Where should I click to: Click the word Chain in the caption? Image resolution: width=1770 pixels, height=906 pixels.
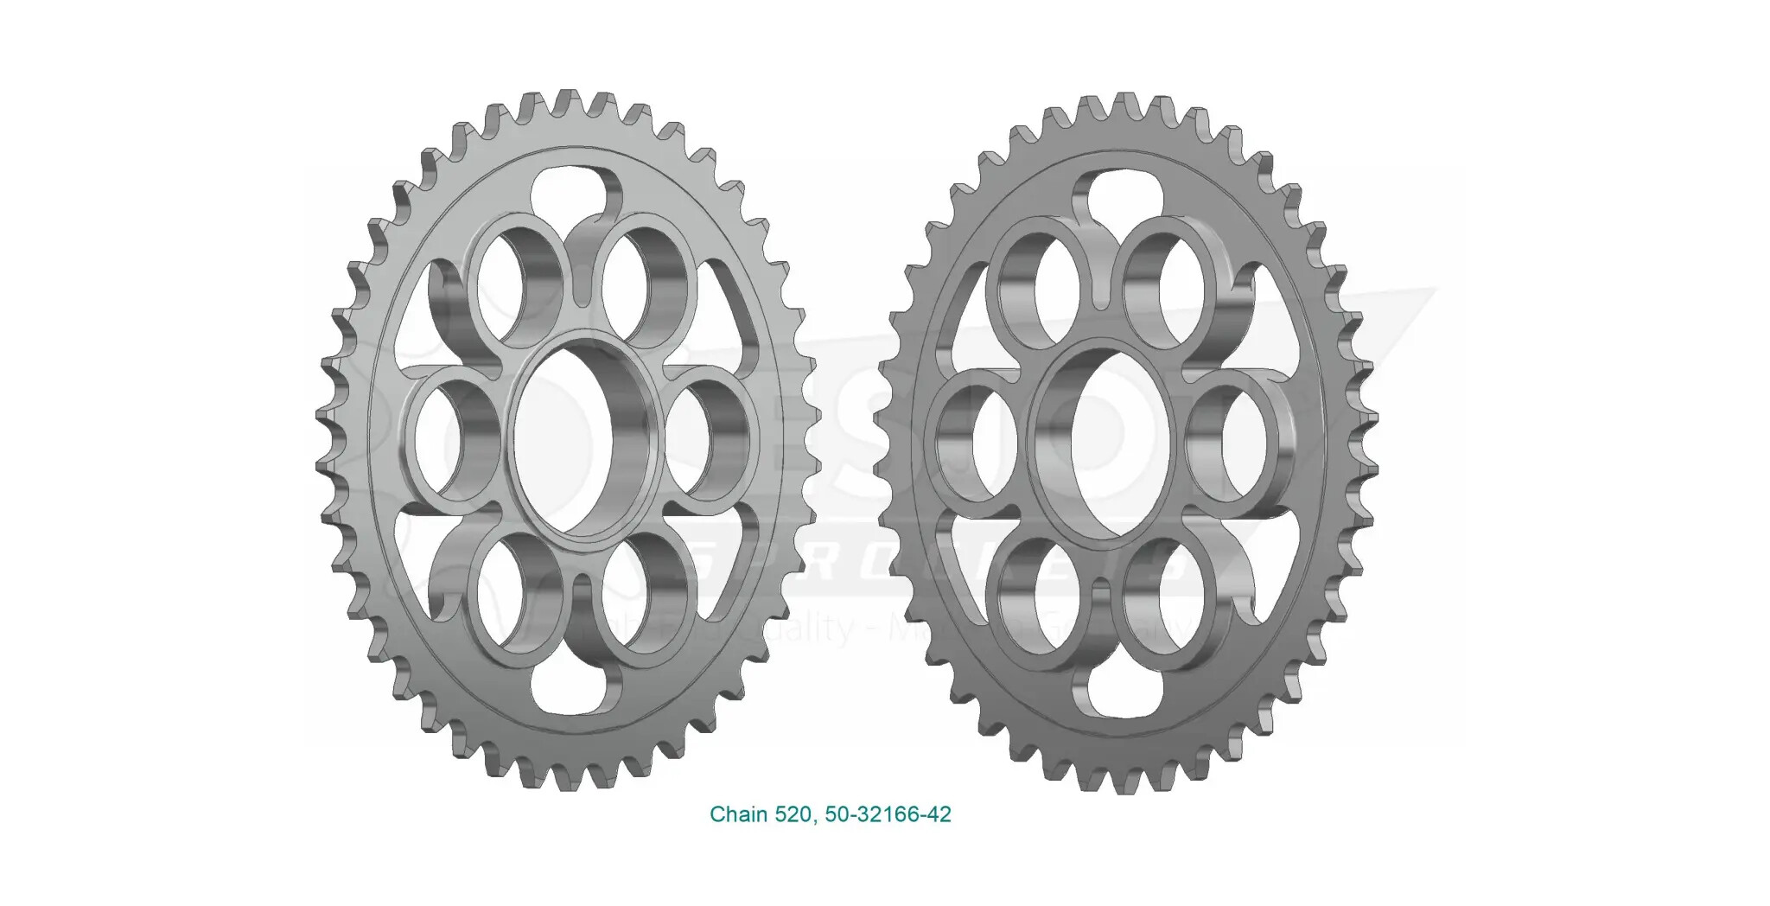point(738,814)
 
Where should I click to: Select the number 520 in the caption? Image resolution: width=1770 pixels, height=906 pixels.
point(793,814)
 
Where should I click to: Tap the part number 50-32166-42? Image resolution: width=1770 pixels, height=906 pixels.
point(888,814)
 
